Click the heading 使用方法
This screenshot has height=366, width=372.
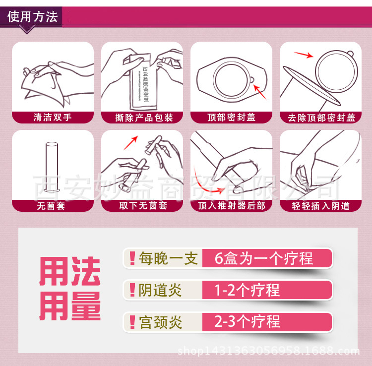pos(33,17)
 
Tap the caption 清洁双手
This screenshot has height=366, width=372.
pos(53,118)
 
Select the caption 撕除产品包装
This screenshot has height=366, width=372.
pos(142,118)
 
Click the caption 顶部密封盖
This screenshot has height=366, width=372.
pos(231,118)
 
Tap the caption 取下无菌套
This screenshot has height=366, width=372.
pos(143,205)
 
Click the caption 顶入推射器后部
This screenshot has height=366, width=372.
pos(231,205)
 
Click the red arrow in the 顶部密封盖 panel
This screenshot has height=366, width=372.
pos(259,92)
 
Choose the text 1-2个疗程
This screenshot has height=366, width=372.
pos(247,290)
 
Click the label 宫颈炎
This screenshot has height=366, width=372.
pos(160,322)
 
